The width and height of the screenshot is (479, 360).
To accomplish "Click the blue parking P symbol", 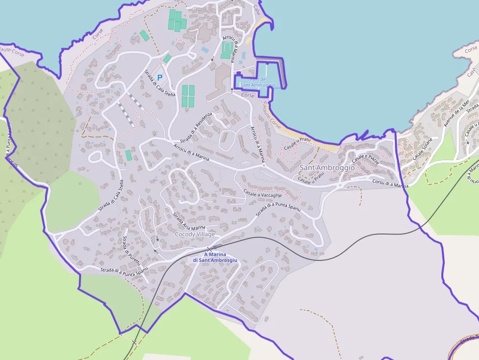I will tap(159, 77).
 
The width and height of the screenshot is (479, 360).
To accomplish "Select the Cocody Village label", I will tap(195, 234).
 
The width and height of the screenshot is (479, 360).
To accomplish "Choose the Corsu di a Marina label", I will tap(390, 184).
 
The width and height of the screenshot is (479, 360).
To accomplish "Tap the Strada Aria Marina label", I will tap(189, 221).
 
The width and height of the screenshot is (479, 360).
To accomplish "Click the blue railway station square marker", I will tap(215, 248).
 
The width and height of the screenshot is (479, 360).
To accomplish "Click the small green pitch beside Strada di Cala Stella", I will tap(129, 155).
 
